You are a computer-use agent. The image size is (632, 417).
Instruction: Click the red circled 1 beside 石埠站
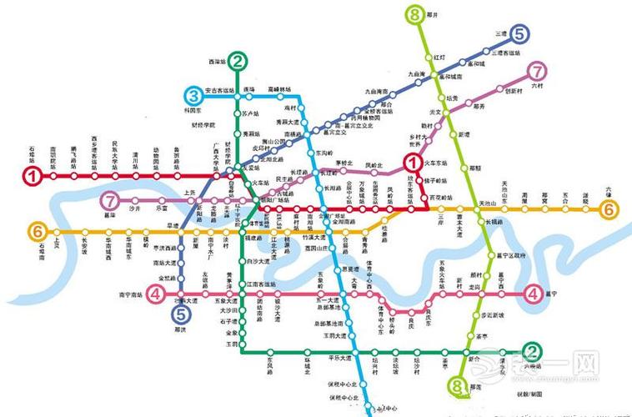pos(33,176)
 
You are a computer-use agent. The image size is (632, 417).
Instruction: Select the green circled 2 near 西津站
pos(238,61)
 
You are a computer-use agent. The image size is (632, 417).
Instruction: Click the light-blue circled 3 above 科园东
pos(194,94)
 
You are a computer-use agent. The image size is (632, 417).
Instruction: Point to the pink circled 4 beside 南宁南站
pos(155,293)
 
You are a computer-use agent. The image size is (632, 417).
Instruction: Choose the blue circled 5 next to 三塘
pos(519,34)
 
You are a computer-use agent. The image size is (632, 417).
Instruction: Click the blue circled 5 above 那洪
pos(180,314)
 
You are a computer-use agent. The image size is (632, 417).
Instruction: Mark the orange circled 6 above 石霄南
pos(37,230)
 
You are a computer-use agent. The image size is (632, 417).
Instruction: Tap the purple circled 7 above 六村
pos(539,72)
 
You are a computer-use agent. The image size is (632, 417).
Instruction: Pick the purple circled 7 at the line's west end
pos(110,201)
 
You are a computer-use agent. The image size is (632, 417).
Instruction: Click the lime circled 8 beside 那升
pos(414,14)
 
